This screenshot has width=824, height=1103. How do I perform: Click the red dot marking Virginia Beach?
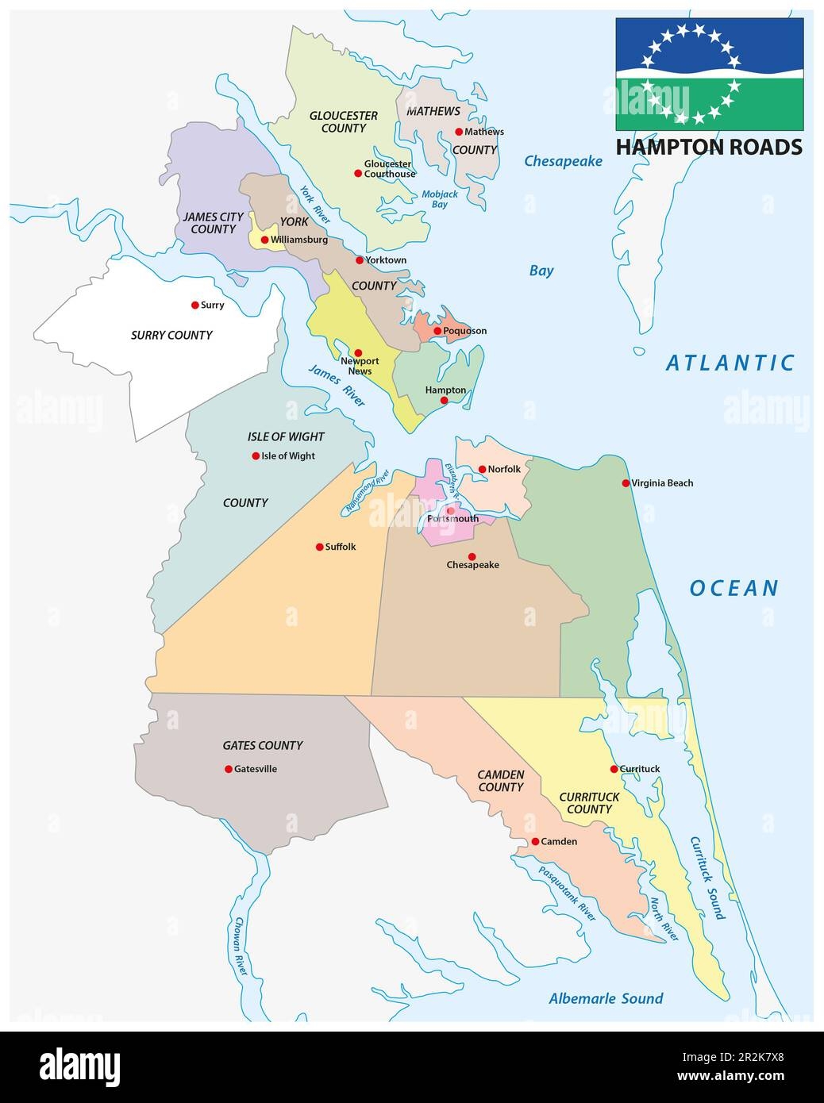[x=626, y=482]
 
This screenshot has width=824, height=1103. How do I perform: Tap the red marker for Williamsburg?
[x=264, y=240]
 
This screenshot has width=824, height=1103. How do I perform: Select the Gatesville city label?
[x=256, y=769]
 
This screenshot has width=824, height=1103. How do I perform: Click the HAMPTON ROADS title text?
[x=709, y=147]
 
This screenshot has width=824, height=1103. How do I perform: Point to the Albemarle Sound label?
[x=606, y=998]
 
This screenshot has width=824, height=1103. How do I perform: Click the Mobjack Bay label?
[x=434, y=198]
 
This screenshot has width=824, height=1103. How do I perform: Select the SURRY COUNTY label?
[x=171, y=335]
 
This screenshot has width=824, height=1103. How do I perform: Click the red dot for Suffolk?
[x=319, y=547]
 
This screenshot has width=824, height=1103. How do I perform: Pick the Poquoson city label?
[x=464, y=331]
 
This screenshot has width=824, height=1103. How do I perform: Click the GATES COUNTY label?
[x=262, y=745]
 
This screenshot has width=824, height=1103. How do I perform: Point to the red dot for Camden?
[x=535, y=841]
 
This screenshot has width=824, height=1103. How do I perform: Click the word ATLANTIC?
[x=730, y=363]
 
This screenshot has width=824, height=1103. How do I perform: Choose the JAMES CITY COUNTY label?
[x=209, y=222]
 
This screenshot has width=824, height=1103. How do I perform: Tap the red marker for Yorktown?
[x=360, y=259]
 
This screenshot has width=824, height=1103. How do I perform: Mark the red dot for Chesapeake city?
[x=472, y=556]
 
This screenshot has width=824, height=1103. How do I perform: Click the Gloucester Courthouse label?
[x=389, y=169]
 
